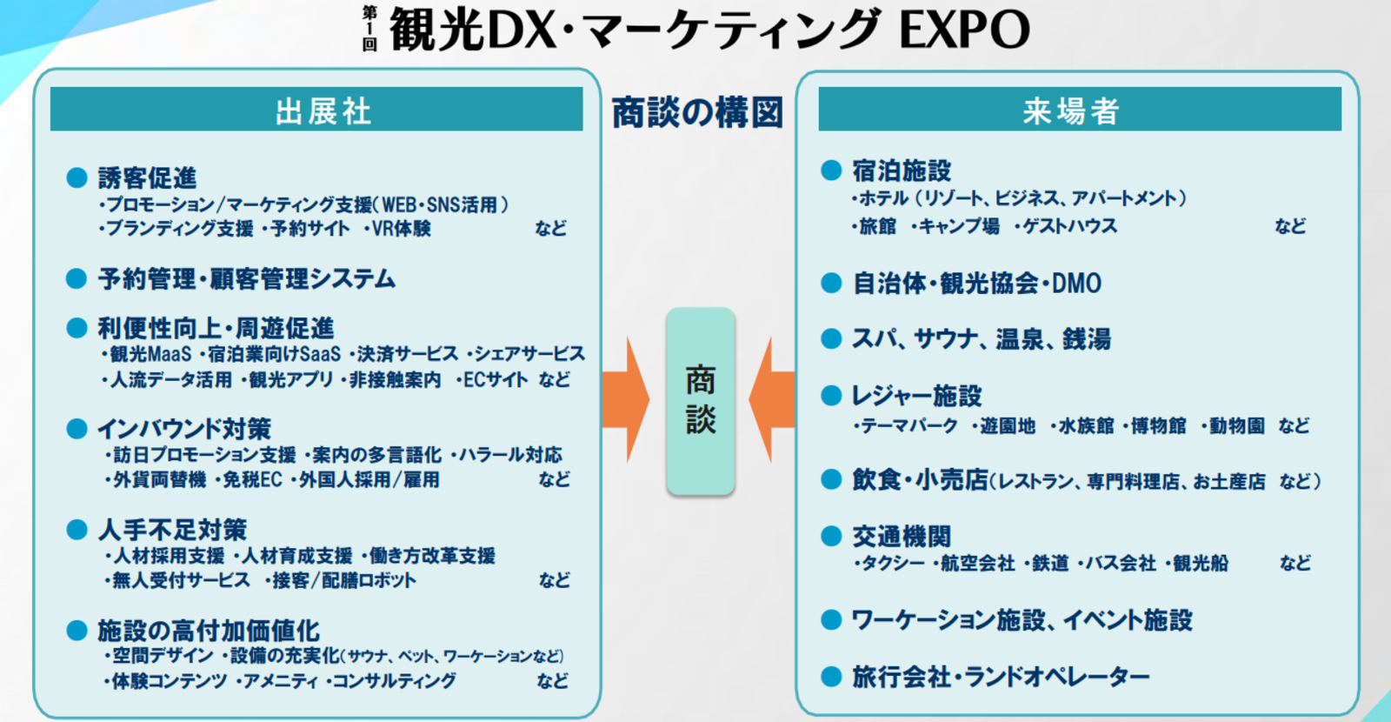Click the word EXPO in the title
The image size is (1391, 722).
click(x=964, y=30)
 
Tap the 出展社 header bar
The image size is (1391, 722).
click(x=316, y=110)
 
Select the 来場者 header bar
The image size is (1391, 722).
click(x=1079, y=110)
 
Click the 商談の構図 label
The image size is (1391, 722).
click(x=697, y=112)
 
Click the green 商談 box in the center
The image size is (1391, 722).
click(x=701, y=401)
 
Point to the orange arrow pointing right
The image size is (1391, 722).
click(x=625, y=400)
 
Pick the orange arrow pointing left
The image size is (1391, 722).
click(x=772, y=400)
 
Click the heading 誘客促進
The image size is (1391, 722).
click(x=147, y=178)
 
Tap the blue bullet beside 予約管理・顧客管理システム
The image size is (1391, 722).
click(x=77, y=278)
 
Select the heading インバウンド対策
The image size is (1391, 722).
click(x=184, y=429)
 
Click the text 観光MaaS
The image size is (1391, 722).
click(x=151, y=354)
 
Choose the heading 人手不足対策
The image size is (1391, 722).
click(x=172, y=530)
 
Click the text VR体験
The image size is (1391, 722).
click(x=401, y=229)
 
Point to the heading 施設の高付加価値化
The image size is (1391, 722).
click(x=209, y=631)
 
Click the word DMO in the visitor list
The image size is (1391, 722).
click(x=1076, y=284)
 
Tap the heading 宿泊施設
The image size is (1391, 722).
click(x=902, y=170)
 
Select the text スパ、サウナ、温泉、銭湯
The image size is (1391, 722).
click(x=982, y=339)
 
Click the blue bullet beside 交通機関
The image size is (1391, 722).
click(x=831, y=536)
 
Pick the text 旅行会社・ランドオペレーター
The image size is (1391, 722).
click(x=1001, y=677)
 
